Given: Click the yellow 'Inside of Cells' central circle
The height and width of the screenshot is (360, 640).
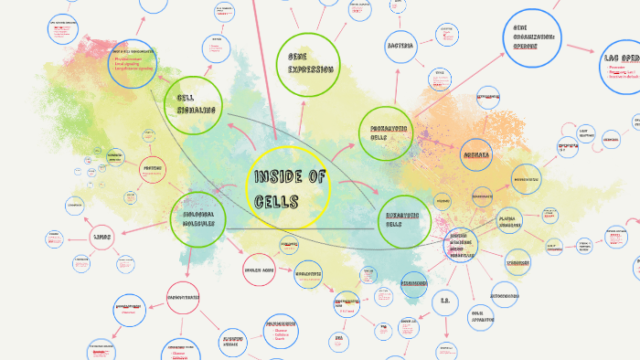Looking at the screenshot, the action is [x=286, y=187].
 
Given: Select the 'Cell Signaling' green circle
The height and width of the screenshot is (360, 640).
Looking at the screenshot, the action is [x=193, y=104].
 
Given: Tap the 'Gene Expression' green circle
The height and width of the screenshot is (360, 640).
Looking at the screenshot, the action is [x=308, y=61].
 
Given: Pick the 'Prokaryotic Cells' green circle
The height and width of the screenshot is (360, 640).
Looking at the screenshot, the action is [x=387, y=133].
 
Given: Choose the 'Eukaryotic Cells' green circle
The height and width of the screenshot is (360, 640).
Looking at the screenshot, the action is [x=404, y=220].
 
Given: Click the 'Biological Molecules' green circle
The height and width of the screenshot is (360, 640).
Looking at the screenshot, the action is [x=197, y=219].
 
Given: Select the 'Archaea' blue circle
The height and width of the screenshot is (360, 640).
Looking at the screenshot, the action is [x=476, y=154].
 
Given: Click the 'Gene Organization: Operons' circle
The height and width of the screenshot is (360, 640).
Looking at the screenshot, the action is [x=533, y=36].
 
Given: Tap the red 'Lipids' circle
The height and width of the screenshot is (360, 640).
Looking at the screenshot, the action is [x=103, y=238].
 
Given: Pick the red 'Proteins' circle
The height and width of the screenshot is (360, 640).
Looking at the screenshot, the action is [x=153, y=168].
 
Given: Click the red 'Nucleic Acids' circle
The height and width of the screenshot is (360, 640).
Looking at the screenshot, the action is [x=260, y=270].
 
